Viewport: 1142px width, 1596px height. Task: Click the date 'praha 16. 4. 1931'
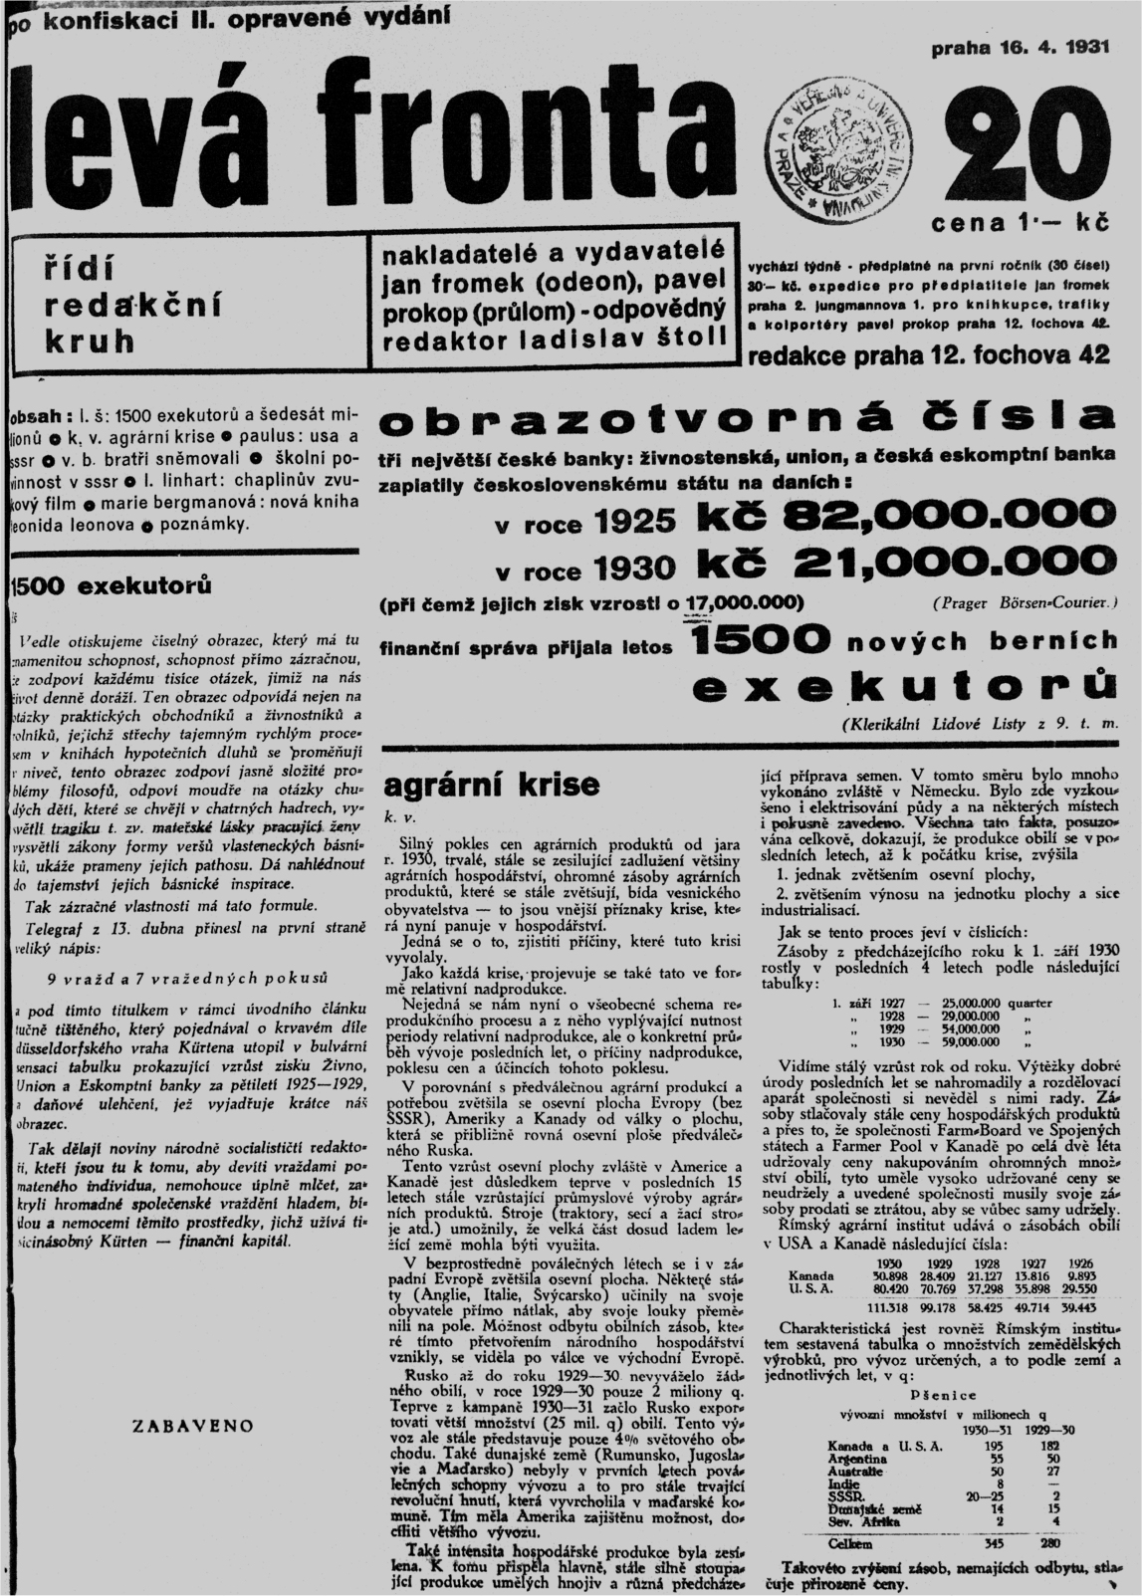point(1019,48)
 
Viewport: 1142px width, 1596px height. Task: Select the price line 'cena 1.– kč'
point(1019,223)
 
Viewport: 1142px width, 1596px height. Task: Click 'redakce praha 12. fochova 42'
point(934,355)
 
